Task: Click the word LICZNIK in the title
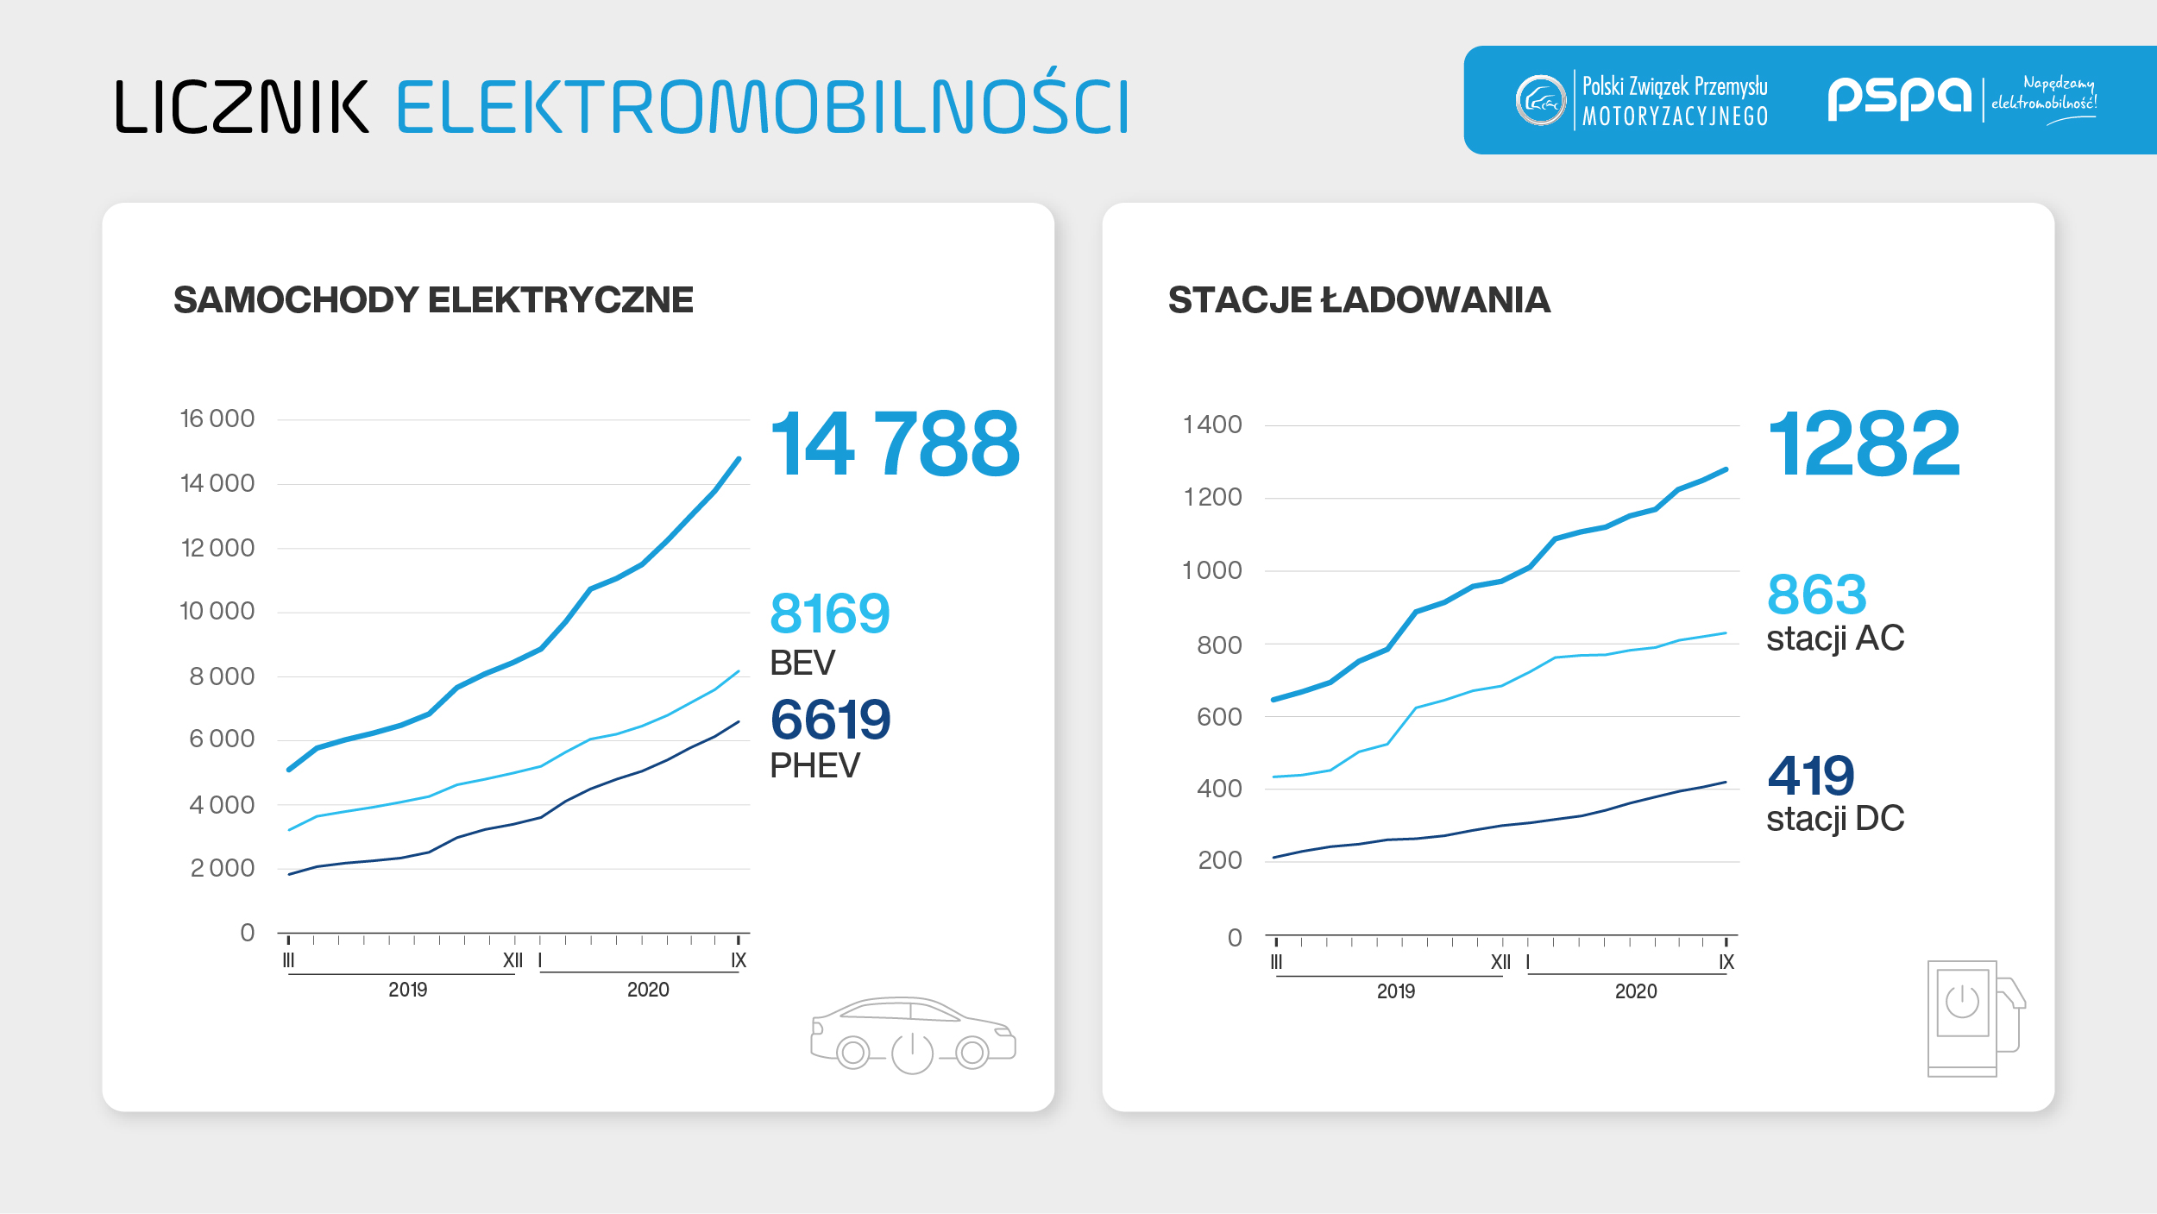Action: pyautogui.click(x=242, y=107)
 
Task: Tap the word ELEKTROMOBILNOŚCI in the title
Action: pyautogui.click(x=763, y=107)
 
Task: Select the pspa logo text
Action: pyautogui.click(x=1898, y=98)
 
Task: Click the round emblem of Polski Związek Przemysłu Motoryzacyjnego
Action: pyautogui.click(x=1540, y=100)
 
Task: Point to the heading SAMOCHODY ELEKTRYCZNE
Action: pyautogui.click(x=433, y=300)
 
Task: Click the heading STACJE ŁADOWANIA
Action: pyautogui.click(x=1359, y=300)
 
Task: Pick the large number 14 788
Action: pyautogui.click(x=895, y=444)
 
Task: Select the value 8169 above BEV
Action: pyautogui.click(x=829, y=613)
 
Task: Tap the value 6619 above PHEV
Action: pyautogui.click(x=830, y=720)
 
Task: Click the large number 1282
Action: pyautogui.click(x=1864, y=444)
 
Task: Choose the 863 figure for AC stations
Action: pyautogui.click(x=1816, y=594)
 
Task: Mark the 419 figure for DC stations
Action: pyautogui.click(x=1810, y=775)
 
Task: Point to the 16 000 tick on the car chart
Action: pyautogui.click(x=217, y=419)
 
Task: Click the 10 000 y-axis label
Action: pyautogui.click(x=217, y=612)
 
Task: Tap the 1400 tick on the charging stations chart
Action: pyautogui.click(x=1212, y=425)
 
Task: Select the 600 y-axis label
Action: pyautogui.click(x=1219, y=717)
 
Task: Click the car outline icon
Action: pyautogui.click(x=913, y=1035)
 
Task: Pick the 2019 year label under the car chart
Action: pyautogui.click(x=407, y=990)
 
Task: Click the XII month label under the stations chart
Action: pyautogui.click(x=1500, y=963)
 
